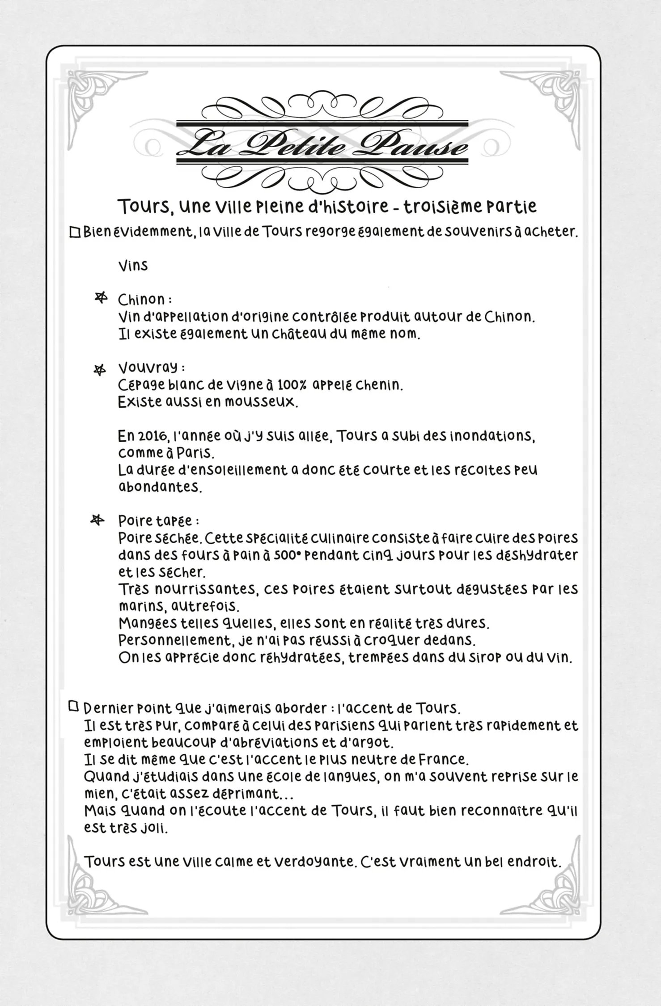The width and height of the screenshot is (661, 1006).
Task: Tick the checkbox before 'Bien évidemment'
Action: click(75, 232)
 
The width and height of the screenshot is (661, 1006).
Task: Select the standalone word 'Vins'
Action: click(133, 266)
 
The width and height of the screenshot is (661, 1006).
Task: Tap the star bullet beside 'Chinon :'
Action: click(102, 297)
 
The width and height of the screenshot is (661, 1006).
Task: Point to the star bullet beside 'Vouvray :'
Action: click(99, 369)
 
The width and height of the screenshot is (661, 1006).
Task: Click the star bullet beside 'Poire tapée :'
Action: click(97, 520)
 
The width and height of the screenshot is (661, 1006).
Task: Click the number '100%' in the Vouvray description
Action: click(293, 385)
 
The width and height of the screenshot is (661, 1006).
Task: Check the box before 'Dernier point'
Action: click(73, 706)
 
